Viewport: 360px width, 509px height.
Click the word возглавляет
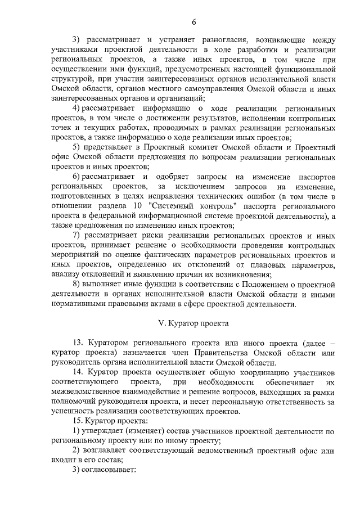pyautogui.click(x=105, y=451)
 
